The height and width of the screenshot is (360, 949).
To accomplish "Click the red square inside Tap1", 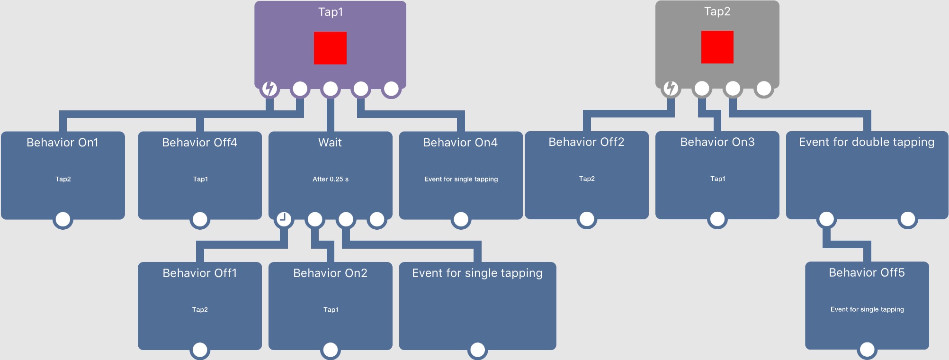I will tap(330, 48).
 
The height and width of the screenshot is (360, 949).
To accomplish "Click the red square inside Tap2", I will tap(717, 47).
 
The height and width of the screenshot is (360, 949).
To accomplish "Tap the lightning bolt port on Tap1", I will tap(269, 89).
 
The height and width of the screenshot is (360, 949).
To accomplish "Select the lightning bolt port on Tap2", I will tap(671, 88).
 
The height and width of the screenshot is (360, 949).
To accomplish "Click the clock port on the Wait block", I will tap(283, 219).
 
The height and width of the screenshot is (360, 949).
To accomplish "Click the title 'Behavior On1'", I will tap(63, 143).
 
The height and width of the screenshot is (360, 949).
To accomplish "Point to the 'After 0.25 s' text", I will tap(331, 179).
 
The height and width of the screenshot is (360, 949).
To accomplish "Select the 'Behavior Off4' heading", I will tap(199, 143).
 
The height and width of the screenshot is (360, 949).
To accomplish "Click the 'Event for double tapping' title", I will tap(867, 142).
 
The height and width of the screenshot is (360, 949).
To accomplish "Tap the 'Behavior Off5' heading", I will tap(867, 272).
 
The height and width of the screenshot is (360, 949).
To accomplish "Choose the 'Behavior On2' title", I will tap(330, 273).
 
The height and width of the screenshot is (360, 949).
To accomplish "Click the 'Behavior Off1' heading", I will tap(199, 273).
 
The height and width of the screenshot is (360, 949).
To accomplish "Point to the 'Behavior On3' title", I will tap(717, 142).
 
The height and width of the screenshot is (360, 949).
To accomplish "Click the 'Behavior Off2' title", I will tap(586, 142).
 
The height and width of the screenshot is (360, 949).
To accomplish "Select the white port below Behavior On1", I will tap(63, 219).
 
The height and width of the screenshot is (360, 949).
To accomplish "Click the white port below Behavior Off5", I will tap(867, 350).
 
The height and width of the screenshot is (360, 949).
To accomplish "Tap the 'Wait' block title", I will tap(330, 143).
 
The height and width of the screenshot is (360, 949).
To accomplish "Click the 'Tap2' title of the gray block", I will tap(717, 11).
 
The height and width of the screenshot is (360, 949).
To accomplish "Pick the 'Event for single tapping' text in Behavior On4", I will tap(461, 179).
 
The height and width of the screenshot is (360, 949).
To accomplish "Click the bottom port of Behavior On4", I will tap(461, 219).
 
